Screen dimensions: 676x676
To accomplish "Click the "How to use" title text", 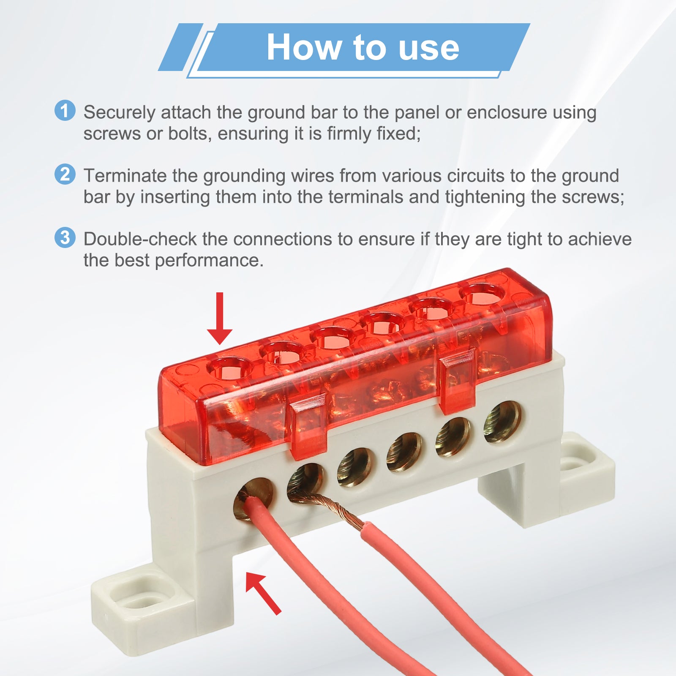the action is (363, 47).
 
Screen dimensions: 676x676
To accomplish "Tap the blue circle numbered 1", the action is (65, 111).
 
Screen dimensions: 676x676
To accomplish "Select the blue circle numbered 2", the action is (65, 174).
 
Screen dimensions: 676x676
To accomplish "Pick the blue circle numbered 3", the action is (65, 237).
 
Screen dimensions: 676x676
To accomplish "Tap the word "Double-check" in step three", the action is (140, 239).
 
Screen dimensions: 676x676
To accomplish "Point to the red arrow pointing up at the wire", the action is (263, 593).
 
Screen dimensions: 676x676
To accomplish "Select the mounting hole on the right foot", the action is (573, 462).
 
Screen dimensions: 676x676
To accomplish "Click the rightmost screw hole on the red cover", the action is (482, 294).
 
